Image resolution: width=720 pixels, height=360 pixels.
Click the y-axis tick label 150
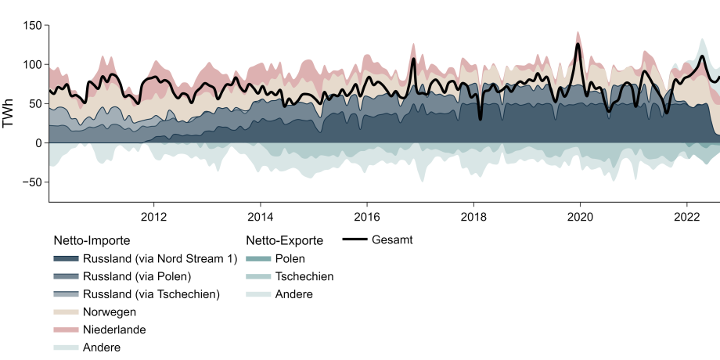coord(31,25)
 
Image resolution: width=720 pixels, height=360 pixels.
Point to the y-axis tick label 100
coord(31,64)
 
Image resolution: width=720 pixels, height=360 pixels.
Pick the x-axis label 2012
coord(153,216)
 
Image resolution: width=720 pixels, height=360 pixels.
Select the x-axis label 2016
coord(366,216)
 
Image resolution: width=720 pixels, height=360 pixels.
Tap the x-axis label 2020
coord(579,216)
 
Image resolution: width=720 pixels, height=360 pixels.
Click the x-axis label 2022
coord(686,216)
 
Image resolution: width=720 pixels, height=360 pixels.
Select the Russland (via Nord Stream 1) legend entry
coord(159,258)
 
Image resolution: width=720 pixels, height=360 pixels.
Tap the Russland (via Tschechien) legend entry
coord(151,294)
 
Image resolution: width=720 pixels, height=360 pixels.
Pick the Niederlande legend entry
coord(113,329)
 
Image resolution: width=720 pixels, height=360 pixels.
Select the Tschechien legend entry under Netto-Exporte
coord(304,276)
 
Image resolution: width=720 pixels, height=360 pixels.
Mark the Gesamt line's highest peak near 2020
coord(578,44)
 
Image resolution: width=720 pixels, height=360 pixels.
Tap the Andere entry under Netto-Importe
coord(102,347)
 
